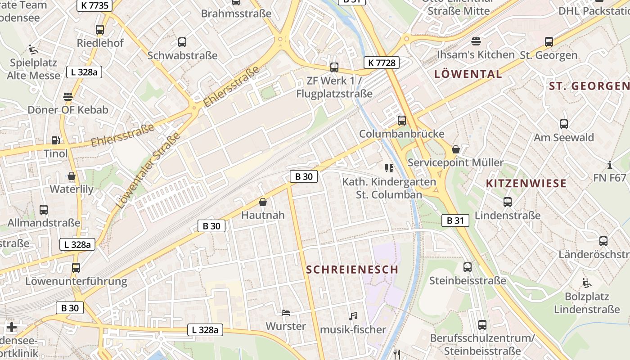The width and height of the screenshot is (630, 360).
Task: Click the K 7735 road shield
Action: click(94, 5)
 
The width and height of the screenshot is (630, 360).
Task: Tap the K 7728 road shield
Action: click(382, 63)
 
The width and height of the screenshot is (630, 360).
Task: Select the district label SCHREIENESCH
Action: click(352, 270)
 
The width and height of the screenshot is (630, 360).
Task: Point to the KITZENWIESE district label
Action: click(526, 183)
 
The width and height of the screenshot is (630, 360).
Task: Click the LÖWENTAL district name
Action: click(468, 74)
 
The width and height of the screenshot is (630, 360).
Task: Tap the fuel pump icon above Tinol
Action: click(55, 141)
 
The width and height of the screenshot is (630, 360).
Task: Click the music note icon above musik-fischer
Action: click(353, 316)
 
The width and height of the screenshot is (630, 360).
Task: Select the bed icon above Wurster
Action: click(286, 313)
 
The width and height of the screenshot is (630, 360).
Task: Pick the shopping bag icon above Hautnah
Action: click(263, 202)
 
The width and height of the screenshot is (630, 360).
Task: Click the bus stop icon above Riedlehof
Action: click(100, 30)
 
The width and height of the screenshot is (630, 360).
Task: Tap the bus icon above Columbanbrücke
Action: click(401, 121)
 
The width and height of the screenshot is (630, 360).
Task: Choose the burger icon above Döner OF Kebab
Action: click(68, 97)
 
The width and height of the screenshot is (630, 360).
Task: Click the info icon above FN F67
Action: click(610, 165)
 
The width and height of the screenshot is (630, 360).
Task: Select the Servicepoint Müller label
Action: click(455, 162)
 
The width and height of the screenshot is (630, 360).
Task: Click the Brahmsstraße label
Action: click(236, 13)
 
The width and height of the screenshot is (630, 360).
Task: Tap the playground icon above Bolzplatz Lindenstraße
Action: click(587, 283)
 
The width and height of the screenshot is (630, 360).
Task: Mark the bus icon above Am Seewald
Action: click(564, 124)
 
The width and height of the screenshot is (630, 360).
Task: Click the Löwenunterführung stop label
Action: click(76, 282)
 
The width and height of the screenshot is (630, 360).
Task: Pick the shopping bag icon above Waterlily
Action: click(72, 176)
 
